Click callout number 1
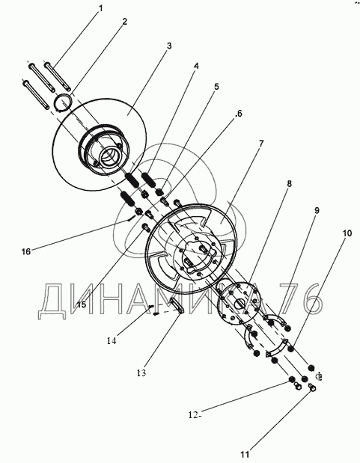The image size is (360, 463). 101,8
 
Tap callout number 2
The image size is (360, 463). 124,21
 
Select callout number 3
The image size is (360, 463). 168,46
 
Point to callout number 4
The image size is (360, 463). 196,66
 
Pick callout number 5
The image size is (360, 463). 216,87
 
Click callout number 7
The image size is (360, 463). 261,144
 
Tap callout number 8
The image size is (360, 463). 289,184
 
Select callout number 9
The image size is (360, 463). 317,210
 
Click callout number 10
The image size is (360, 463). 347,233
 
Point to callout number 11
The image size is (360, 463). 245,454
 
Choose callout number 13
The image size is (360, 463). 141,373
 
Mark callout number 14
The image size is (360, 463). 112,340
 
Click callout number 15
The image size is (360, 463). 82,304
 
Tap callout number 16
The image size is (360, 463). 26,251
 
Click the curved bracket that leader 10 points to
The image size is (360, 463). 278,349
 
